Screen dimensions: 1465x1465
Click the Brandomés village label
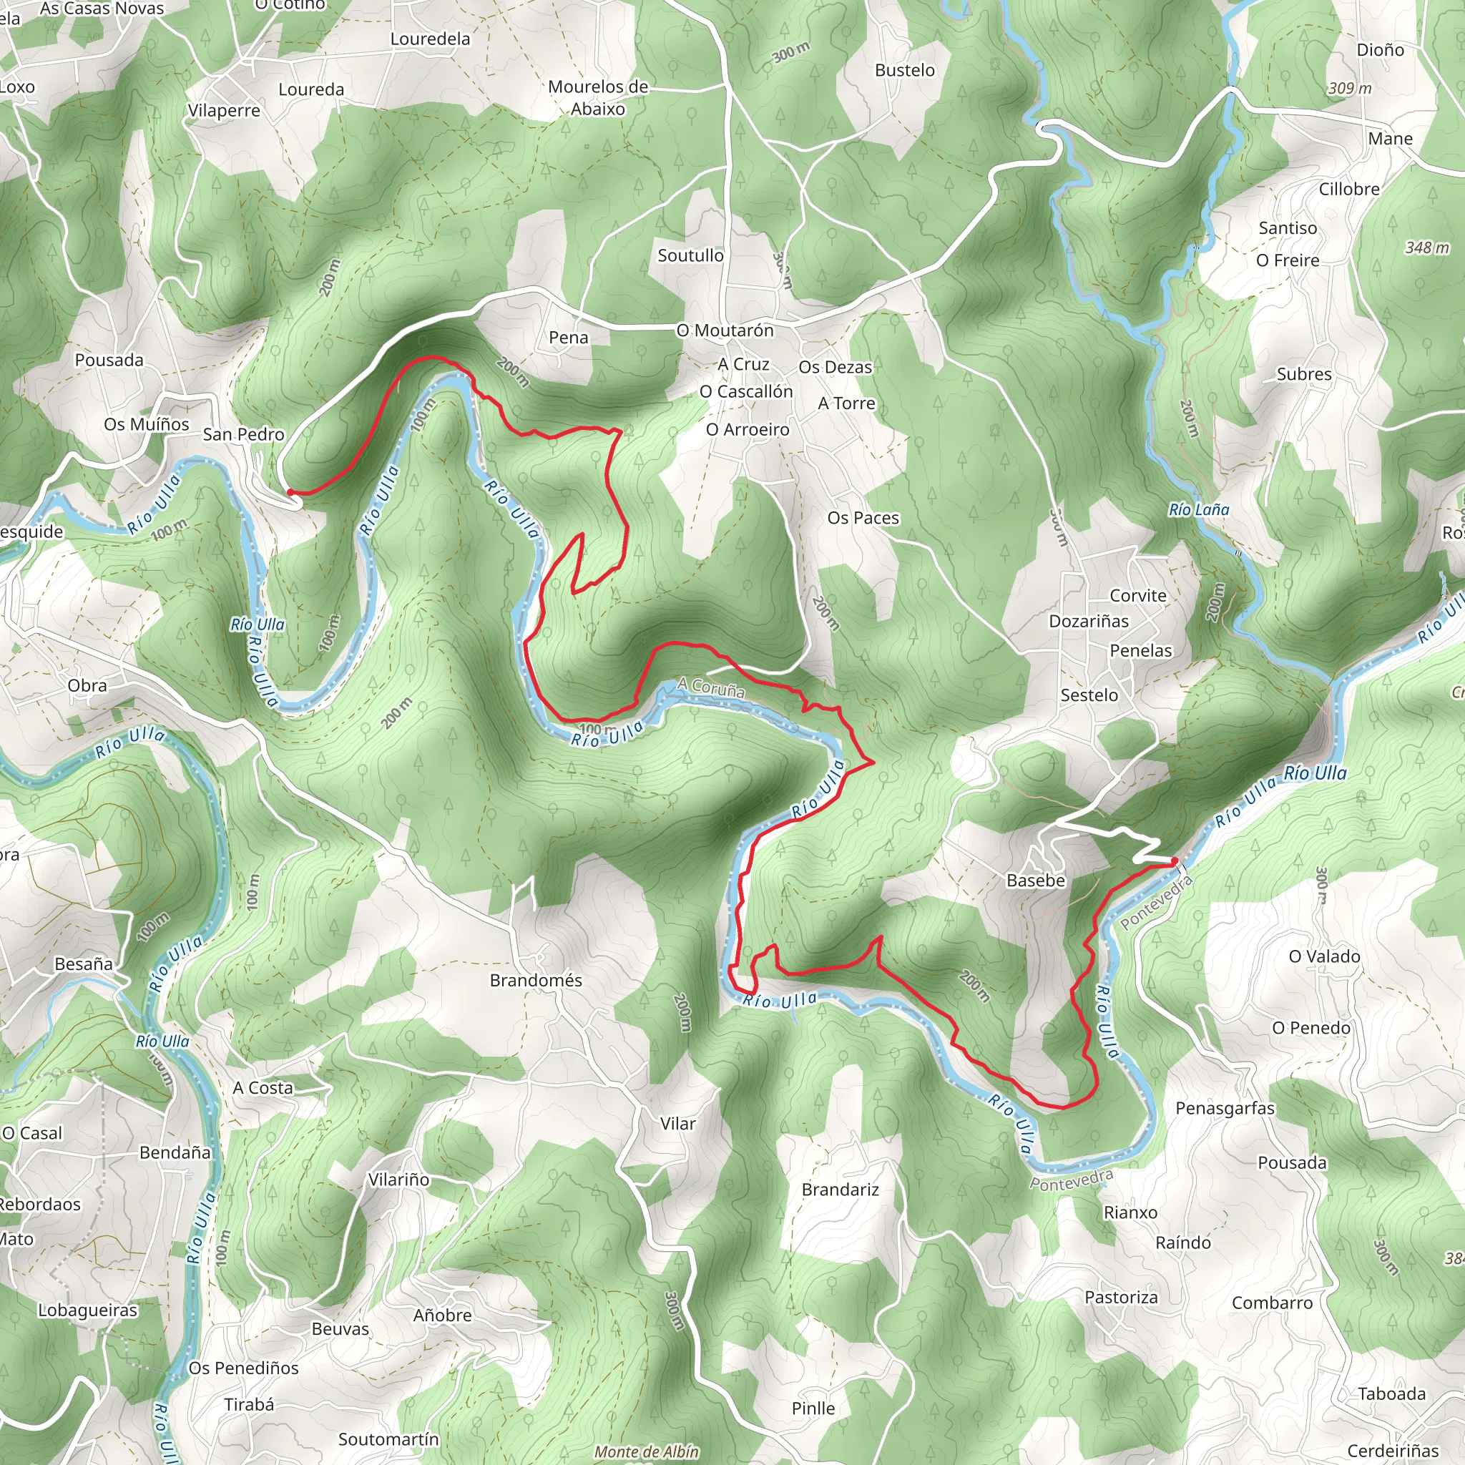[x=535, y=981]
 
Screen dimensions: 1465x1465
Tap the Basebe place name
[x=1036, y=881]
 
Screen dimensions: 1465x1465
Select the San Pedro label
[x=243, y=434]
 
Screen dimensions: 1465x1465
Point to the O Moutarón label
[x=725, y=330]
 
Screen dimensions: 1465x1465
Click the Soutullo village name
[x=690, y=255]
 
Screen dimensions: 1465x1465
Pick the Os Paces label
[x=863, y=518]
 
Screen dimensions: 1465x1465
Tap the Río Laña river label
[x=1198, y=509]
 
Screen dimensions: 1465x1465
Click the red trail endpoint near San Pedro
[x=290, y=492]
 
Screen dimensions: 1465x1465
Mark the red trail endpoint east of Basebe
[x=1174, y=861]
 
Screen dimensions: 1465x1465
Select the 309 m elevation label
[x=1350, y=89]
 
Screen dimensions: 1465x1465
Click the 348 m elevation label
[x=1426, y=248]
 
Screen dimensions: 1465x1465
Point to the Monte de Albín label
[x=646, y=1451]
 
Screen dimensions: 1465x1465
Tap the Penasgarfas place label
[x=1225, y=1108]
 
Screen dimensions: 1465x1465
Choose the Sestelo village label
[x=1089, y=695]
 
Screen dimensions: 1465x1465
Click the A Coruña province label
[x=710, y=687]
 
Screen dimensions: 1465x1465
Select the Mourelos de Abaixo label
[x=597, y=98]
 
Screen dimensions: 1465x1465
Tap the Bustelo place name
[x=905, y=71]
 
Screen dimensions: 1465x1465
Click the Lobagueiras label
[x=88, y=1310]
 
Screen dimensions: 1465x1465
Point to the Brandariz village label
[x=841, y=1190]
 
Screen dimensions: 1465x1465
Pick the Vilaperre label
[x=224, y=111]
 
